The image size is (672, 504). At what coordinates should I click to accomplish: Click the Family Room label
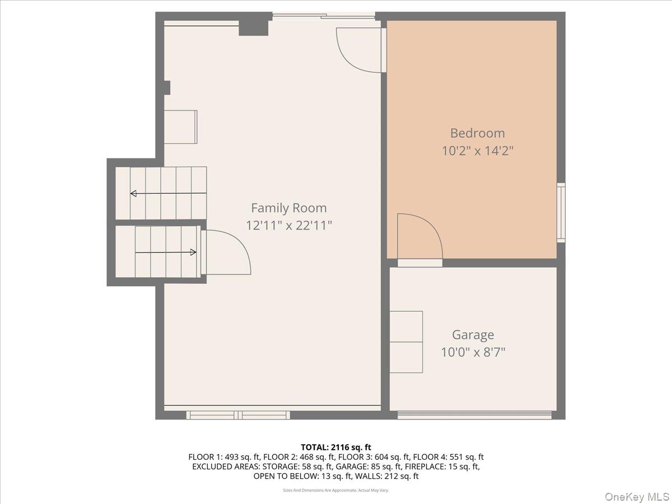point(288,208)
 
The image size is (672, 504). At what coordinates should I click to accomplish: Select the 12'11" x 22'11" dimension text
point(289,226)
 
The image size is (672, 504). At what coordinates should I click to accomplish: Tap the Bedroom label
point(477,133)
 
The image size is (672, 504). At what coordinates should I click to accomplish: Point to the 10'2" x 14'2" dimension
point(477,151)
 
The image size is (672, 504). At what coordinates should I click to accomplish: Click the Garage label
point(473,335)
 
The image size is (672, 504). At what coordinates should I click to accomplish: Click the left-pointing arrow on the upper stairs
point(134,194)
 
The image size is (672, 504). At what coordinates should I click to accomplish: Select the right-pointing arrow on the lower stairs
point(193,252)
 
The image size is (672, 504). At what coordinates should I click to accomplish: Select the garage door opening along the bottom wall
point(474,415)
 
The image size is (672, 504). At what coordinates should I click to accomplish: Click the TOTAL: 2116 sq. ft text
point(336,447)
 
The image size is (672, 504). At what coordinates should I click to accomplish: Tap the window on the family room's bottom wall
point(238,415)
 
